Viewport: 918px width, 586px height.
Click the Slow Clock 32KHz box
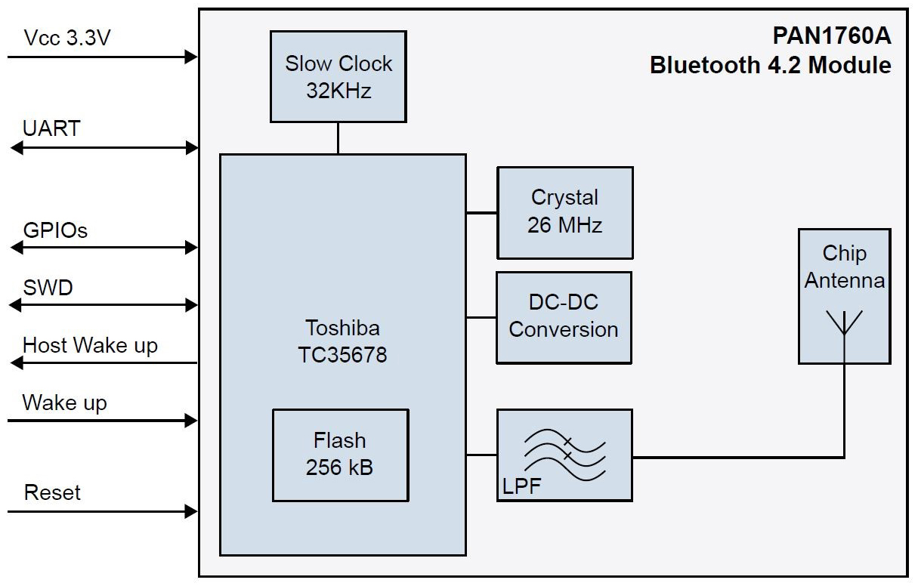click(338, 76)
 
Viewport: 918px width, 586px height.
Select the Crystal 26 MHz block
click(564, 212)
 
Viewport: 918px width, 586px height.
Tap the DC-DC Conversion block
click(563, 317)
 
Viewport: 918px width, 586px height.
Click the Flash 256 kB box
click(339, 455)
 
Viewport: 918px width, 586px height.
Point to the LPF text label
click(521, 487)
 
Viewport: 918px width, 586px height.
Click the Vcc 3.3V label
click(67, 38)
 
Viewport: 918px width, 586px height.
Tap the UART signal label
click(51, 128)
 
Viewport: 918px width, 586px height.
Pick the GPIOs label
click(55, 230)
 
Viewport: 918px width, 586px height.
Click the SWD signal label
click(48, 288)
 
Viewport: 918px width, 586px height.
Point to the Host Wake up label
click(90, 346)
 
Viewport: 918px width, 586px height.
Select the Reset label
click(52, 493)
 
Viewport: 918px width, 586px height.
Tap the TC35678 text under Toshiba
click(342, 355)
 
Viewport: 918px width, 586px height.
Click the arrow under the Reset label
click(103, 512)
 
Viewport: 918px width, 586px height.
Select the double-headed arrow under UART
click(104, 149)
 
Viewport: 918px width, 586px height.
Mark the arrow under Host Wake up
click(104, 363)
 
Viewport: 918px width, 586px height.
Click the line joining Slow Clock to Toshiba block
click(338, 138)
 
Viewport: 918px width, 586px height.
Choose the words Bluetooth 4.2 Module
click(770, 65)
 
